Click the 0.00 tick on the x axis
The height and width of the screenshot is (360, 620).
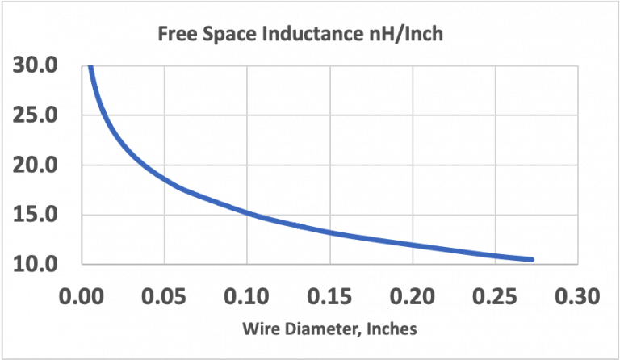82,295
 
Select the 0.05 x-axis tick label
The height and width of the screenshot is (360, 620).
164,295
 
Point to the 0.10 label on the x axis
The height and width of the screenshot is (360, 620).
247,295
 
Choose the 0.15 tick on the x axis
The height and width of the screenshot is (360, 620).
329,295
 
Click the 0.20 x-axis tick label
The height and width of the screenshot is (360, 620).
413,295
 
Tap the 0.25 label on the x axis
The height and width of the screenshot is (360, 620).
495,295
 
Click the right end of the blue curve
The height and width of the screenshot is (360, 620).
532,259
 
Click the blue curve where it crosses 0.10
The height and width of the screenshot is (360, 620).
247,214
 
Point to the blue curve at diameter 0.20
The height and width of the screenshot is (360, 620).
413,245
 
